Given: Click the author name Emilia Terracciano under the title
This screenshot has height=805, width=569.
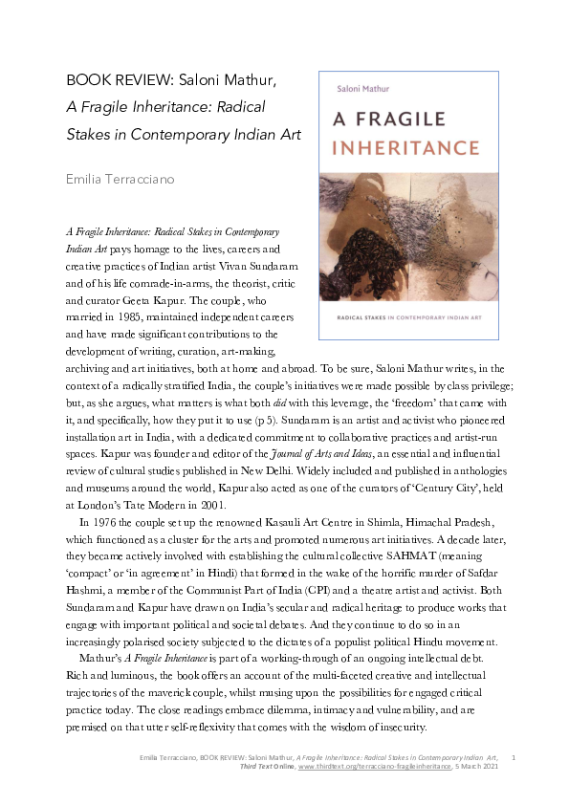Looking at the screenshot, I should [x=120, y=178].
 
